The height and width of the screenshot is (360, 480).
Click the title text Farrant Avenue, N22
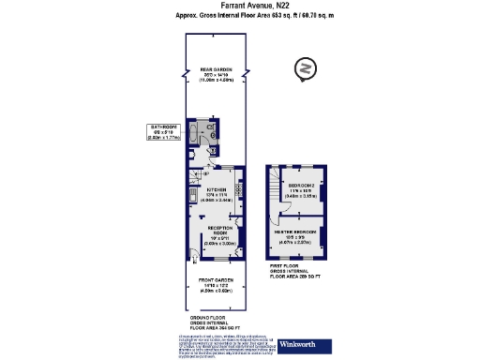[x=239, y=6]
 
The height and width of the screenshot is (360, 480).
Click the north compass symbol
[x=303, y=68]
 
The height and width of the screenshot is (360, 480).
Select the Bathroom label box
[x=164, y=132]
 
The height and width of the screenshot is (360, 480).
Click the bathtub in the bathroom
[x=192, y=134]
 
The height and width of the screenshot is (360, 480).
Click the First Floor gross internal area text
[x=295, y=273]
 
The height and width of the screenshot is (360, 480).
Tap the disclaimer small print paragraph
[x=224, y=345]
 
